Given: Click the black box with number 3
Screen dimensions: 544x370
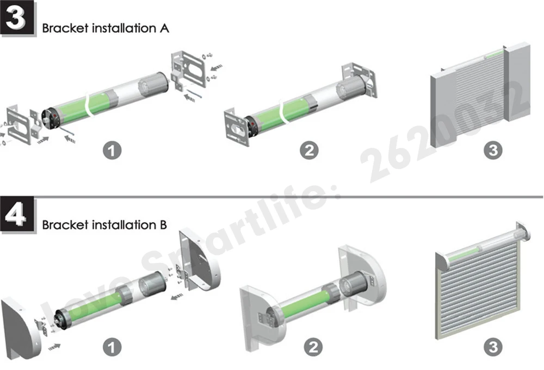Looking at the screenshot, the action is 17,18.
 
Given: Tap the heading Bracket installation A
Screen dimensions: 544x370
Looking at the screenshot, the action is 106,28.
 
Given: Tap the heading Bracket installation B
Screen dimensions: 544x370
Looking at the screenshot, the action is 104,225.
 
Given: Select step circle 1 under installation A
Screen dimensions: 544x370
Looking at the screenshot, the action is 112,150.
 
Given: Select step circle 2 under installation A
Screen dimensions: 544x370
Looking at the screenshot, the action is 309,150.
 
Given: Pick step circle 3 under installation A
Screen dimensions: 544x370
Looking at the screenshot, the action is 493,150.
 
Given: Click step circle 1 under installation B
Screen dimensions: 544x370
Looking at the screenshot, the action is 112,347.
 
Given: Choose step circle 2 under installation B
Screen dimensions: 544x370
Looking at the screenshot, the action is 313,347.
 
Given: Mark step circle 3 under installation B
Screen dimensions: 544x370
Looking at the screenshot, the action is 493,347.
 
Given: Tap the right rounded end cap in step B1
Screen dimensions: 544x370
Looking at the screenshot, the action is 200,260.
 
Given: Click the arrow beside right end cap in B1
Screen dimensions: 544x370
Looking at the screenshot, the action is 177,297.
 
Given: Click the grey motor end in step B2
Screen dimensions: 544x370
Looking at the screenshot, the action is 354,284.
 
